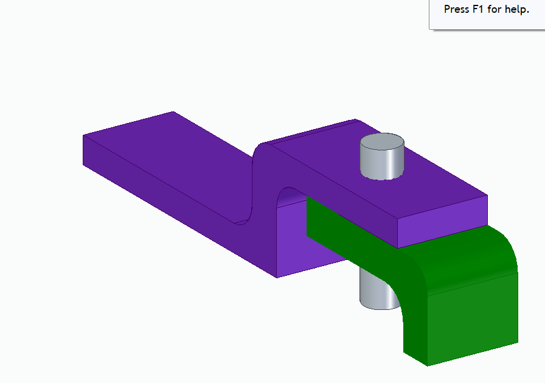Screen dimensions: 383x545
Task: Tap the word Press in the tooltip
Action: click(456, 10)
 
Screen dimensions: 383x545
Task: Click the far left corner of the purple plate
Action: click(83, 135)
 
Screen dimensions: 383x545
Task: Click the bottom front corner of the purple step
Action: click(277, 278)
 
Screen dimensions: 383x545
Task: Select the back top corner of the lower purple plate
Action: click(173, 112)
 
